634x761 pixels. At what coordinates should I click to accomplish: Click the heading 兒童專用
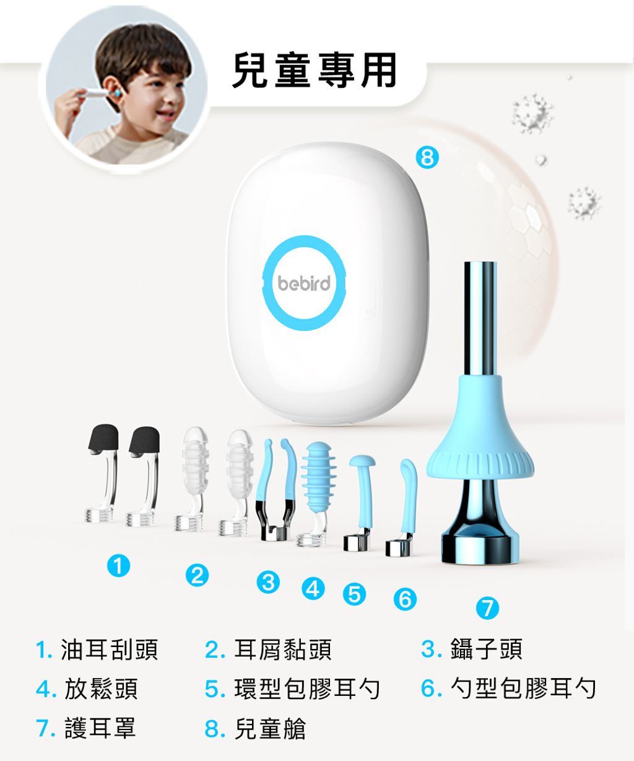point(314,70)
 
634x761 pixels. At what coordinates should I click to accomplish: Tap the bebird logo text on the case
point(304,283)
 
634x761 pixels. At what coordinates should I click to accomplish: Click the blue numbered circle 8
point(427,157)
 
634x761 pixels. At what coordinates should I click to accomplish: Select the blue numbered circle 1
point(118,565)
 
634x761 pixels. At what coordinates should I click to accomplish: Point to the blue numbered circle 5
point(354,594)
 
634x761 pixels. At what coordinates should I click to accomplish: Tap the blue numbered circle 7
point(487,608)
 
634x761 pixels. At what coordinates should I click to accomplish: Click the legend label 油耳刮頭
point(110,650)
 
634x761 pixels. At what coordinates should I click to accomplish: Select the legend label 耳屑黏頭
point(283,650)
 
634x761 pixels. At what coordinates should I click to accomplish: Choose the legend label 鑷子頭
point(487,649)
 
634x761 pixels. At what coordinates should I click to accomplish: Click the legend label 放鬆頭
point(102,689)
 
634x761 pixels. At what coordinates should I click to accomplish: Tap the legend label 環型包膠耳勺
point(307,689)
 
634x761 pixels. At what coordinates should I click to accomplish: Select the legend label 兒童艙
point(270,729)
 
